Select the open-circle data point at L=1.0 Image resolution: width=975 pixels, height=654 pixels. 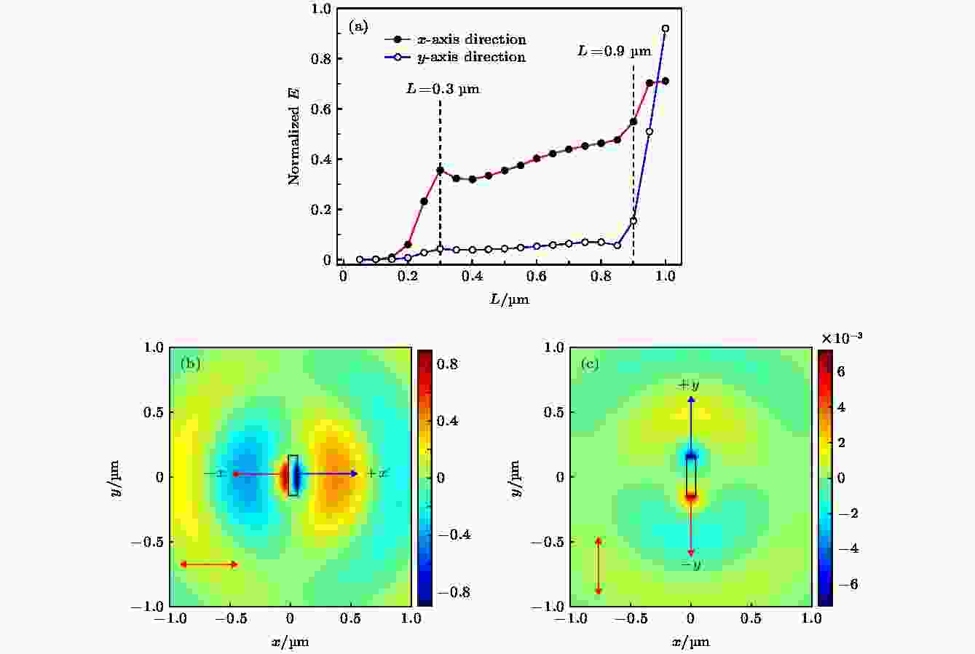665,29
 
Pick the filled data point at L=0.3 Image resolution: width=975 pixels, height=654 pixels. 440,170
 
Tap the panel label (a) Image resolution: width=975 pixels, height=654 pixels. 358,27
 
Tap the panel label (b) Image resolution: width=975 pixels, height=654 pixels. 190,363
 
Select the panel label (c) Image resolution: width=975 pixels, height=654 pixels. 589,363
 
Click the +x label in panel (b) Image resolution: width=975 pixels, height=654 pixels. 377,473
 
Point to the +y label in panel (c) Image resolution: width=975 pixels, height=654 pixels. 689,385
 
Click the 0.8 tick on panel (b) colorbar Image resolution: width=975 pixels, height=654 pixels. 448,363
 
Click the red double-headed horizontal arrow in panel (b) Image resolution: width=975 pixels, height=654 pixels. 209,564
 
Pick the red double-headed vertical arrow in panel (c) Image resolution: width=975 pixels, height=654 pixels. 599,566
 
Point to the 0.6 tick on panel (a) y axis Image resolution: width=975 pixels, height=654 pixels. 320,109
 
